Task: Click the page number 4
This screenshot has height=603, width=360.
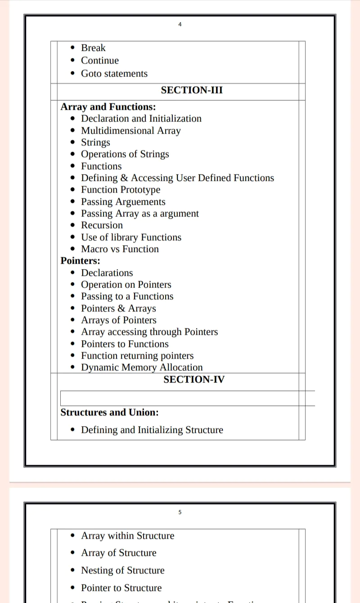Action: click(180, 24)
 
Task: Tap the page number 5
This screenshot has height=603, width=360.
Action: click(180, 512)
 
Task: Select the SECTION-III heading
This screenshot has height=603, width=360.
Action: click(192, 90)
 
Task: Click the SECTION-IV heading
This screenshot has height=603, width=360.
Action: click(194, 379)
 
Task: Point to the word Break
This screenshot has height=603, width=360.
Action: click(93, 48)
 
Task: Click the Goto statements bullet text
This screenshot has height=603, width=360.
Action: click(114, 73)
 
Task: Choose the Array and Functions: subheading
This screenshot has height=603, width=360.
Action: click(108, 107)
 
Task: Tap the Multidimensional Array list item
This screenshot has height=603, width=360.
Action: click(130, 130)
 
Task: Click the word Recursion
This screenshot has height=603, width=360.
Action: click(102, 225)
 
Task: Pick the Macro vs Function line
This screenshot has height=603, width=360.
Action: click(120, 249)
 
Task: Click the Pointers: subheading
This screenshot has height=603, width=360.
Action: click(81, 261)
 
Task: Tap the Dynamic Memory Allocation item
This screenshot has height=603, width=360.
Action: click(142, 367)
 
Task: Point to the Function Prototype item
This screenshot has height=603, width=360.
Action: click(121, 189)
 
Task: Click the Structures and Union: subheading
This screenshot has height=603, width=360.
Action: click(109, 412)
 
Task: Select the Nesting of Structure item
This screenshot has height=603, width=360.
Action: click(123, 570)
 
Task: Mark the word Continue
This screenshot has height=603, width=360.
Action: click(100, 60)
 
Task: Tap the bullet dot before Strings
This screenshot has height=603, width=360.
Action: click(73, 143)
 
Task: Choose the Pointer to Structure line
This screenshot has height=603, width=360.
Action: click(121, 588)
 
